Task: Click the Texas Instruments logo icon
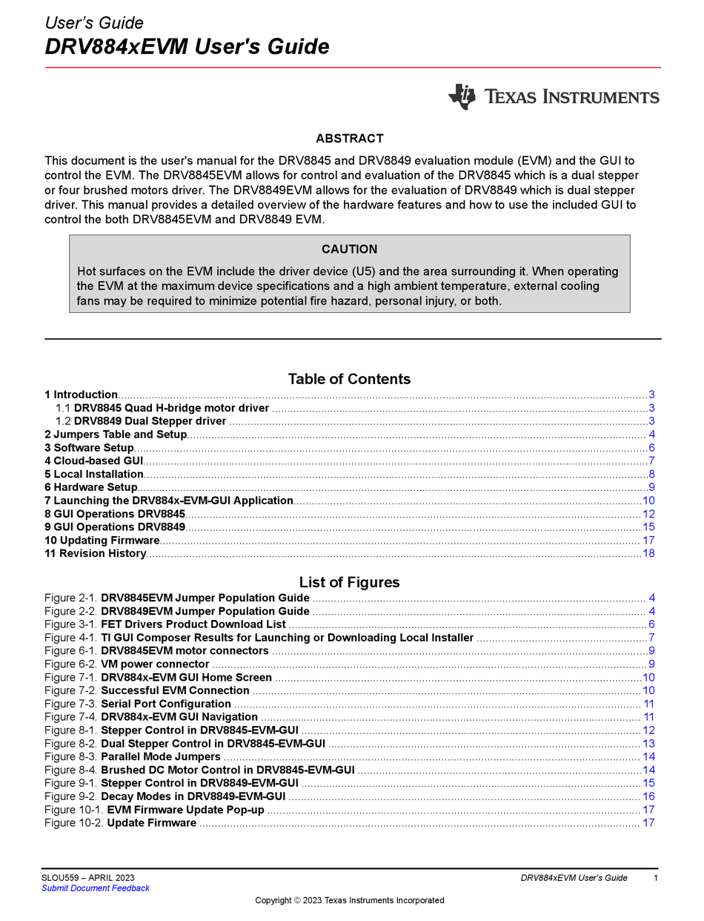point(462,97)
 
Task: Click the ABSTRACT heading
point(349,139)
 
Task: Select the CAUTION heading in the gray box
point(349,249)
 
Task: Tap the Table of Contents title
point(349,379)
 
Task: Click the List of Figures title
point(349,582)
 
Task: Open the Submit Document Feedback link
point(96,888)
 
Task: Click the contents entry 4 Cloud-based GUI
point(93,461)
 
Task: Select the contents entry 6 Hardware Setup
point(91,487)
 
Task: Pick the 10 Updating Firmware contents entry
point(102,541)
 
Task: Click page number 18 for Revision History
point(648,554)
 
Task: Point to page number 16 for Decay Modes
point(648,797)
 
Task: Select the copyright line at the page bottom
point(349,901)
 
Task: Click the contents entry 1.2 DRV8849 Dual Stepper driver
point(141,421)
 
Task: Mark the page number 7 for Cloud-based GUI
point(651,461)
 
